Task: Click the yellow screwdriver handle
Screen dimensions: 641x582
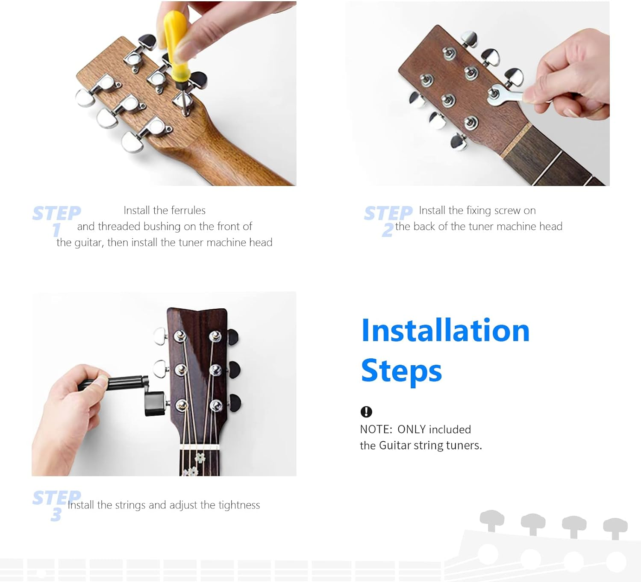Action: (x=176, y=48)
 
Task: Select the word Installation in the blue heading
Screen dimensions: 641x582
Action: (x=445, y=331)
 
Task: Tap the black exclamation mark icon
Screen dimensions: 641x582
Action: (x=366, y=411)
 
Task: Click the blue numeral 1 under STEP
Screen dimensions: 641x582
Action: (x=56, y=230)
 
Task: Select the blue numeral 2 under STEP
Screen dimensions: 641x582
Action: (x=387, y=230)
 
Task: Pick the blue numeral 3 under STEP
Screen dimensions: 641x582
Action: (x=56, y=514)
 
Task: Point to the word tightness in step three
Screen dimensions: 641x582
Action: (x=239, y=505)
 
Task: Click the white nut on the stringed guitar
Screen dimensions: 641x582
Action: (x=200, y=447)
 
